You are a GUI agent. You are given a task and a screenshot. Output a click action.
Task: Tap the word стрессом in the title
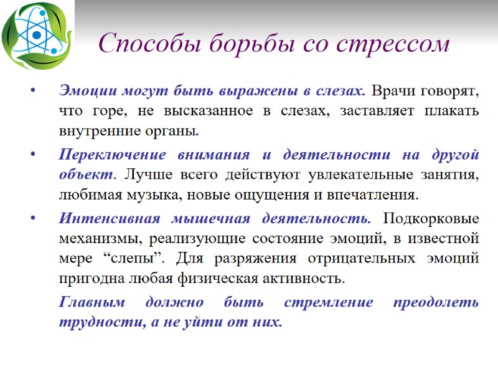click(393, 44)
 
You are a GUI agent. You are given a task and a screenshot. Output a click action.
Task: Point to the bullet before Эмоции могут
click(32, 91)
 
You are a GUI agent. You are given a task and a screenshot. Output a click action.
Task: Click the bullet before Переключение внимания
click(32, 155)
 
